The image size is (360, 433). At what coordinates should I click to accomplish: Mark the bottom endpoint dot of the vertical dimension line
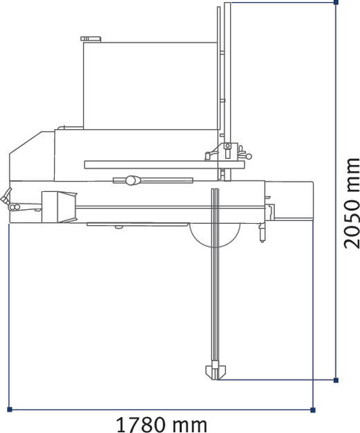tap(336, 378)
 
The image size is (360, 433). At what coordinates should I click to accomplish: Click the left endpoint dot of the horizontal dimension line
tap(10, 409)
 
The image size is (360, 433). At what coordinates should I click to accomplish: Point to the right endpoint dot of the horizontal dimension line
tap(312, 409)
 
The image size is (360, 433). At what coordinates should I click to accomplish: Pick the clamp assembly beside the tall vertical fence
tap(227, 152)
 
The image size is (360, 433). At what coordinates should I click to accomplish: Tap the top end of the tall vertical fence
tap(223, 7)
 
